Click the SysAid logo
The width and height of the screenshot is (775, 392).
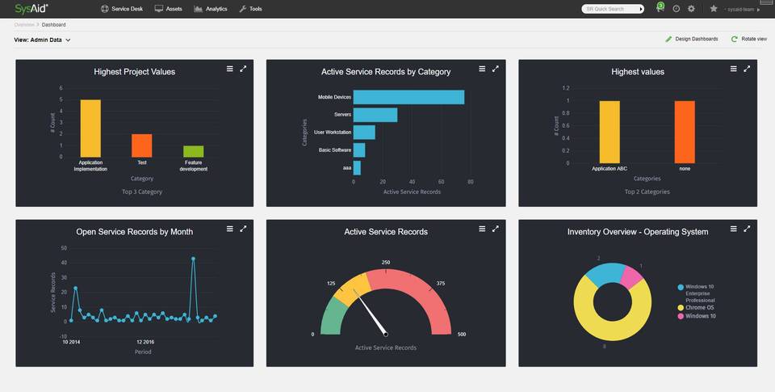pos(31,9)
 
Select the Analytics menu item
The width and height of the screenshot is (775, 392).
pos(211,9)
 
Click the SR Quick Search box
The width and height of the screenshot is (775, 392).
pos(610,9)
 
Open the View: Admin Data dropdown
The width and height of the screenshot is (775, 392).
pos(43,40)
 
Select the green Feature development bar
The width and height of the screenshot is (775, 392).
pos(193,151)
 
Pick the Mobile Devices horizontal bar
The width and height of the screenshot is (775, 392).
pos(408,97)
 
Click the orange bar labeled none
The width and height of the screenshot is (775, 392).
pos(685,132)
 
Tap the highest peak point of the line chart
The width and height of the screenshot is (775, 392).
pos(193,259)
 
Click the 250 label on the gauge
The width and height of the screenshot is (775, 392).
pos(386,263)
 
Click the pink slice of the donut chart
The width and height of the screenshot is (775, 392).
pos(631,277)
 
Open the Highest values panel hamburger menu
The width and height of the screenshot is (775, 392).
pos(734,69)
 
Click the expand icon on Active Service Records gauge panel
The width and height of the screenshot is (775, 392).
pos(496,229)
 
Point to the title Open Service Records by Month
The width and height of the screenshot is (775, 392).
pos(134,232)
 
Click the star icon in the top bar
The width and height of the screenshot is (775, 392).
pos(713,9)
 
